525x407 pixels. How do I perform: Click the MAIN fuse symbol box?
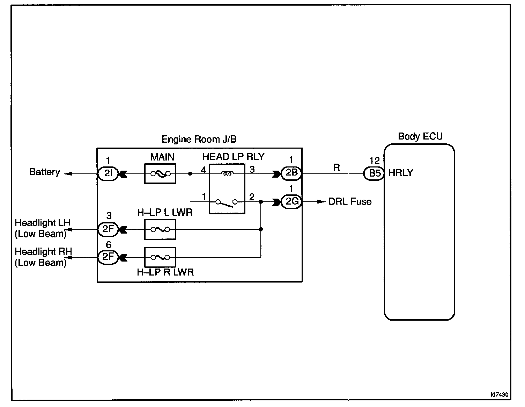[x=160, y=173]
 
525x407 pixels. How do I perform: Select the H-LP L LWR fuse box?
[x=160, y=229]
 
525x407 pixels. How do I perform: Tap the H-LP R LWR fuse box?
[x=160, y=257]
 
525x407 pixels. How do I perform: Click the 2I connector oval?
[x=108, y=173]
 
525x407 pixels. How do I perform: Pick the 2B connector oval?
[x=291, y=173]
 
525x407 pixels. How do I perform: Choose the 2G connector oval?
[x=291, y=202]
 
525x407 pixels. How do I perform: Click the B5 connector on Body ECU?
[x=374, y=173]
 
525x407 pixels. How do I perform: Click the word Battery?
[x=44, y=172]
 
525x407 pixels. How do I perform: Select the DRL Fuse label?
[x=350, y=202]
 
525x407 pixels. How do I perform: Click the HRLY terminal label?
[x=400, y=173]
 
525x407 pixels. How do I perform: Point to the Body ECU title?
[x=420, y=136]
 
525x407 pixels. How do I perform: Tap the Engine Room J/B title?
[x=199, y=140]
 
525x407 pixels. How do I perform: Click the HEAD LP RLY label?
[x=234, y=157]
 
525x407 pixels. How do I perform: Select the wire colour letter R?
[x=337, y=168]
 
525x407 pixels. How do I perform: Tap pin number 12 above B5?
[x=374, y=161]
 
